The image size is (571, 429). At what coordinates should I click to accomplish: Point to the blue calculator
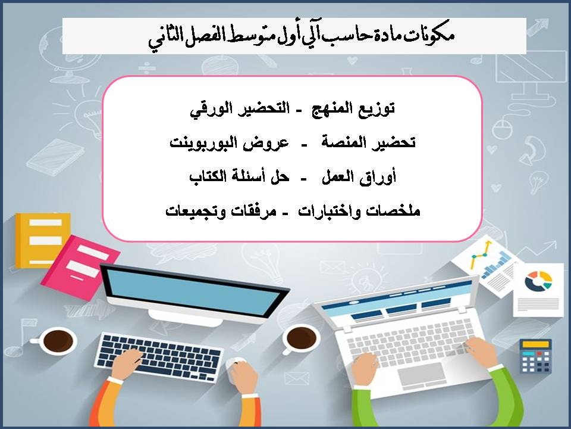[535, 356]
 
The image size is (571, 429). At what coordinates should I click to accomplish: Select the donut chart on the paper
[542, 280]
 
